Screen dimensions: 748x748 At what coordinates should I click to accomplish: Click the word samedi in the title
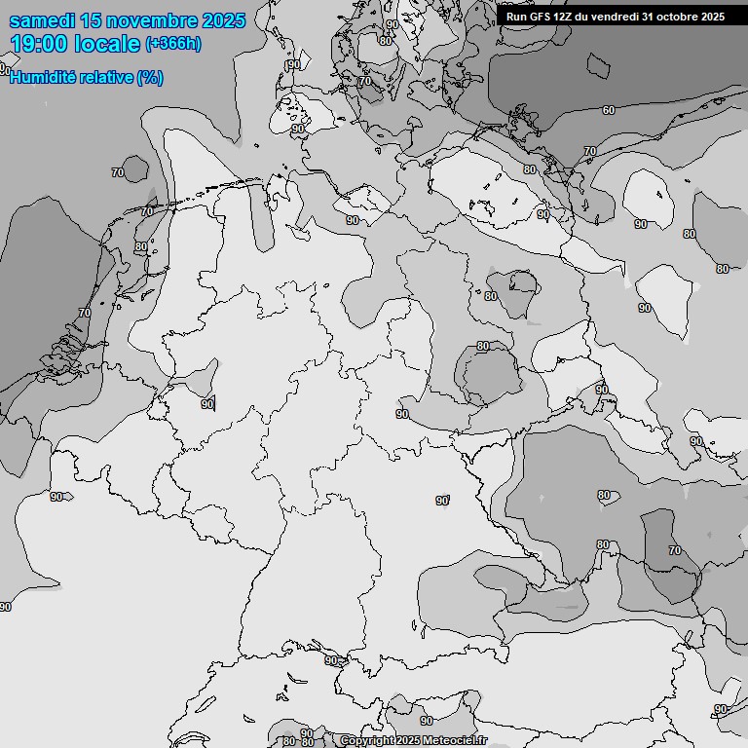coord(44,20)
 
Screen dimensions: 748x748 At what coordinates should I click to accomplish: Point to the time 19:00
coord(39,44)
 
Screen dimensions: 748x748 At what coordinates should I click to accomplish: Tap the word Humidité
coord(43,78)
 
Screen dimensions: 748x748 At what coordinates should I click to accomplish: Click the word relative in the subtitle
coord(106,78)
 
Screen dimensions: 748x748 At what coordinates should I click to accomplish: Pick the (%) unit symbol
coord(150,78)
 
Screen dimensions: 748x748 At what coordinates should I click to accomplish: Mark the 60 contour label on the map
coord(608,110)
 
